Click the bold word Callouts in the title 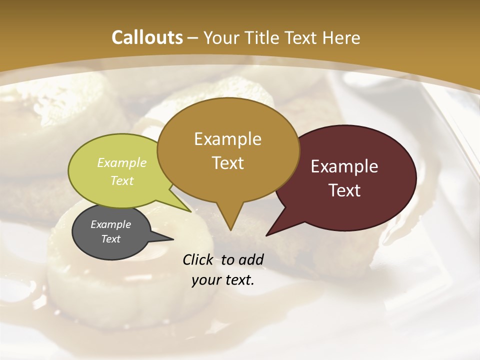[147, 37]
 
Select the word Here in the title [341, 37]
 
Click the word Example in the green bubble [122, 162]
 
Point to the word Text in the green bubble [122, 180]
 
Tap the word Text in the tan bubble [228, 162]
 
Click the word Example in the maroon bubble [344, 166]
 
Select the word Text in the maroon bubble [344, 190]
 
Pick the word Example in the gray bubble [110, 224]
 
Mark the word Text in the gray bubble [110, 239]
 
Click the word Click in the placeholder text [199, 259]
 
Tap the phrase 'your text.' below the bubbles [223, 280]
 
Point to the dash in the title [193, 37]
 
